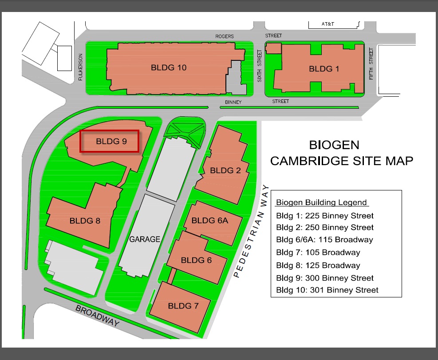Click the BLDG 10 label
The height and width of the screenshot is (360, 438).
pos(169,67)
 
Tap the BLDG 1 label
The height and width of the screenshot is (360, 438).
pos(324,69)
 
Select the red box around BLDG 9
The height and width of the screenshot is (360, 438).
pos(110,142)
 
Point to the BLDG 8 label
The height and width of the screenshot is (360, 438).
pos(85,221)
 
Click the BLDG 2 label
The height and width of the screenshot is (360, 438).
pos(225,170)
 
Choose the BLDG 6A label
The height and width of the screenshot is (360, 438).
pos(210,220)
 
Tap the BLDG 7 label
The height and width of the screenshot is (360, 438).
pos(183,306)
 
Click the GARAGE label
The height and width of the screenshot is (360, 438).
pos(145,239)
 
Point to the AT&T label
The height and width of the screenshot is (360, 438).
pos(328,24)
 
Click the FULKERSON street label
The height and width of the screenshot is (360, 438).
pos(81,67)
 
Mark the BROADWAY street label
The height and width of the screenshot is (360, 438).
pos(97,315)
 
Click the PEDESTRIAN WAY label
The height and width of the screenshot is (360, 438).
pos(252,231)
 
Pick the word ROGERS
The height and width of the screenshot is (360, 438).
pos(224,36)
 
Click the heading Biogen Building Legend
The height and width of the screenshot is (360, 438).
pos(321,203)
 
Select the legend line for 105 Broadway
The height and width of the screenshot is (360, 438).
pos(318,253)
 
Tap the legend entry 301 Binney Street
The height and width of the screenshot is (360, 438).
pos(327,290)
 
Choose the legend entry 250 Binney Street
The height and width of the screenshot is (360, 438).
pos(325,228)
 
